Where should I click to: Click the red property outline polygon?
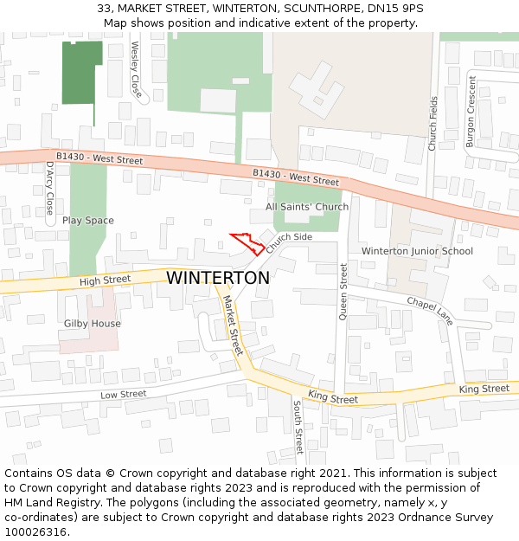point(249,243)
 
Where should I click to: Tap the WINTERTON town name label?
point(218,278)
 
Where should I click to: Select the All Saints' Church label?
point(307,207)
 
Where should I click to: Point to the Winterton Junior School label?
point(417,251)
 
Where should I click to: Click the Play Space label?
point(87,221)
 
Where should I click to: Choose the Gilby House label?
point(93,324)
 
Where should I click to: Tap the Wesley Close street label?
point(136,68)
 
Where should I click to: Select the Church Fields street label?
point(432,123)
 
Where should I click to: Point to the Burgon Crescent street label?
point(471,111)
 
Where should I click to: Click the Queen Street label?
point(343,293)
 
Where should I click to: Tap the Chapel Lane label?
point(430,311)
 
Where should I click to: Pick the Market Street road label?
point(233,325)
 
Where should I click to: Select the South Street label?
point(298,426)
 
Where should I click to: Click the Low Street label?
point(123,395)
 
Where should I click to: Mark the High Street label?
point(104,280)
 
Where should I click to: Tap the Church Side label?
point(289,242)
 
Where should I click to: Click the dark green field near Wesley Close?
point(81,71)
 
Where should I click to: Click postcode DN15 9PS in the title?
point(395,9)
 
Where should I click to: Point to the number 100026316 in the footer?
point(35,531)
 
